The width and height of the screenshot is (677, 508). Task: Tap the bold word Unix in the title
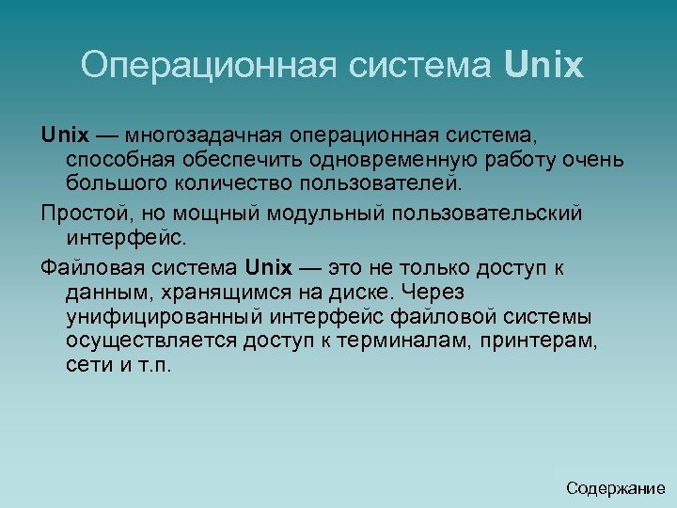coord(544,65)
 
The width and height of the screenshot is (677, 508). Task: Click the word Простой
coord(83,214)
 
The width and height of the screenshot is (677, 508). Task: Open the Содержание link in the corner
coord(615,488)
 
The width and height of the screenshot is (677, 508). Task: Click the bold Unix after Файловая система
coord(268,267)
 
